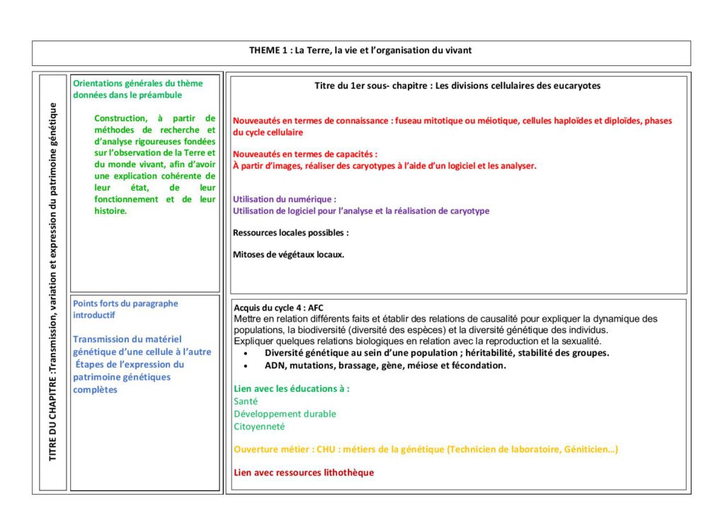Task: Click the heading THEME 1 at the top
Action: click(360, 50)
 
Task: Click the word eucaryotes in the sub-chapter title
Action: click(576, 86)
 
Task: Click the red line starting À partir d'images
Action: click(384, 166)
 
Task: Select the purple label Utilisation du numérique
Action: click(285, 199)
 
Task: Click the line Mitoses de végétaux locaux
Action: click(289, 254)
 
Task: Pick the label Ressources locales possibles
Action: click(290, 232)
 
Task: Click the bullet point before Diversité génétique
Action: click(245, 353)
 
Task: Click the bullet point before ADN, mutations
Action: click(245, 366)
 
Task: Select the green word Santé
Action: click(246, 401)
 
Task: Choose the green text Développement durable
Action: click(285, 414)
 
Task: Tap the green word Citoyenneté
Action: click(259, 427)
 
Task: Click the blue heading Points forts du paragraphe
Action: click(125, 303)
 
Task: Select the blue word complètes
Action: click(96, 390)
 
